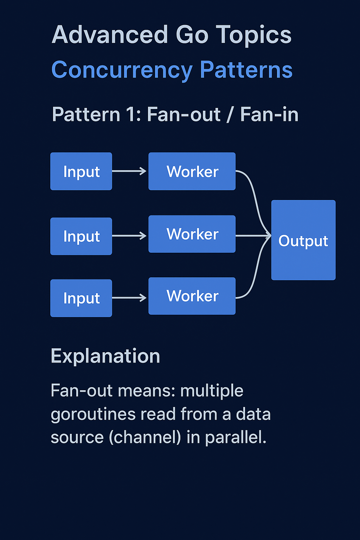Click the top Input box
click(x=81, y=172)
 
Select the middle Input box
click(x=81, y=236)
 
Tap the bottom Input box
click(x=81, y=298)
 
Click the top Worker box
click(x=192, y=172)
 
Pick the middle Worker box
click(x=192, y=234)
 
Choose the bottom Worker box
click(x=192, y=296)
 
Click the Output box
click(x=303, y=240)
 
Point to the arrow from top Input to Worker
click(x=129, y=171)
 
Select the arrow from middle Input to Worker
click(x=129, y=236)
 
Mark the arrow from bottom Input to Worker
click(x=129, y=298)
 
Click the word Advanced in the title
click(x=110, y=35)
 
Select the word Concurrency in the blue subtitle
click(x=122, y=70)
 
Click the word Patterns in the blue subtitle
click(x=246, y=70)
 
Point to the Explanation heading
click(x=105, y=356)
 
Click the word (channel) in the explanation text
click(x=145, y=437)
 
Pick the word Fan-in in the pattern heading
click(x=269, y=115)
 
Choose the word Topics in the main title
click(x=253, y=35)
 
